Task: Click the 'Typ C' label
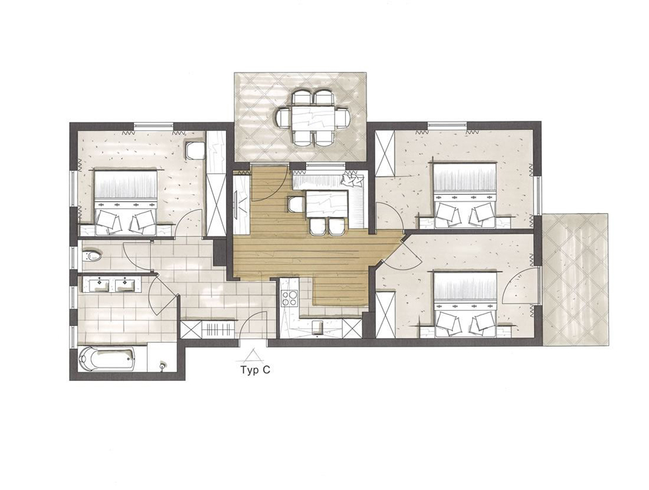[255, 370]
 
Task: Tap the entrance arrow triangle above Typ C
[251, 356]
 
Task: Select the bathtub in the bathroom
[107, 358]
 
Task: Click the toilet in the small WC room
[92, 256]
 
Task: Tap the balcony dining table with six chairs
[312, 118]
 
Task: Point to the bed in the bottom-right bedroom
[464, 303]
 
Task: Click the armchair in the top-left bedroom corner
[195, 151]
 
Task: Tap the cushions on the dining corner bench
[351, 179]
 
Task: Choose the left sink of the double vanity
[99, 285]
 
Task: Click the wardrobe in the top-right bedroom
[385, 153]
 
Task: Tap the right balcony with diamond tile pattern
[576, 279]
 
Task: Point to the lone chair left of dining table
[294, 204]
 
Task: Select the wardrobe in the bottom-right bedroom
[385, 313]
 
